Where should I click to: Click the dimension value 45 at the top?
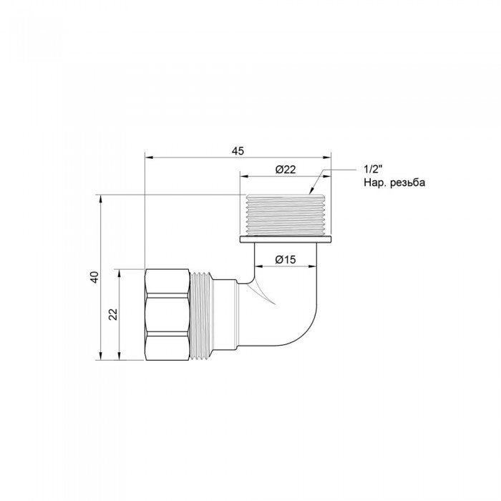(x=238, y=150)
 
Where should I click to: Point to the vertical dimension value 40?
(x=94, y=276)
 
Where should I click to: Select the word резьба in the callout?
(x=406, y=183)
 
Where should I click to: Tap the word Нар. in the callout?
(x=374, y=183)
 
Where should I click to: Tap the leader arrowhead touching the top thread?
(x=311, y=191)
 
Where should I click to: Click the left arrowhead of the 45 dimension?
(x=148, y=156)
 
